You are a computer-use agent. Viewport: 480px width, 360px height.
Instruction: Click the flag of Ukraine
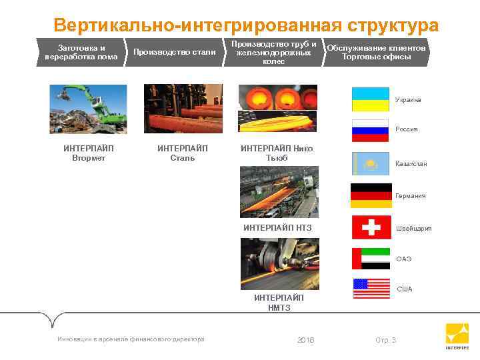click(370, 99)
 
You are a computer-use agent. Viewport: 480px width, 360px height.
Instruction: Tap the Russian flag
click(370, 131)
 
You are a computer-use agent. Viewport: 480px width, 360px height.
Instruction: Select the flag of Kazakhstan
click(370, 163)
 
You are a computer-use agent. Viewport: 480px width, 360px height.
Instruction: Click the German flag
click(370, 195)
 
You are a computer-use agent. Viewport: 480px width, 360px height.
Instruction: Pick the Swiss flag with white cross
click(371, 227)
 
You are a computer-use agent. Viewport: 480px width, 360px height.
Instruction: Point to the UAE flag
click(371, 259)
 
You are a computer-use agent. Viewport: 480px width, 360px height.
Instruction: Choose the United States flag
click(371, 288)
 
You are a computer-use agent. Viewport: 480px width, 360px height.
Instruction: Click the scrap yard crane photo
click(88, 109)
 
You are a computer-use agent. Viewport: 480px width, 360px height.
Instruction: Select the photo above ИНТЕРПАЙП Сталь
click(183, 109)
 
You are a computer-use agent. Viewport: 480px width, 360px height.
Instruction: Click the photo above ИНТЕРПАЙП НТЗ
click(279, 192)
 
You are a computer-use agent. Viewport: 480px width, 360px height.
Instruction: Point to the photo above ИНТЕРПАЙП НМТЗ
click(279, 264)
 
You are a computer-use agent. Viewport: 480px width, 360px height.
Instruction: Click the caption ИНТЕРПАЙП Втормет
click(88, 153)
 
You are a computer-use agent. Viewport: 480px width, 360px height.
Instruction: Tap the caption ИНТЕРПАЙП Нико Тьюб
click(277, 153)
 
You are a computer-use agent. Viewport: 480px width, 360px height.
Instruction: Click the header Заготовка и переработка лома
click(81, 52)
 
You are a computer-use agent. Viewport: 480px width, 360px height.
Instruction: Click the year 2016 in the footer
click(305, 340)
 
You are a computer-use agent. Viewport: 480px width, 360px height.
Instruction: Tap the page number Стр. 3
click(385, 340)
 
